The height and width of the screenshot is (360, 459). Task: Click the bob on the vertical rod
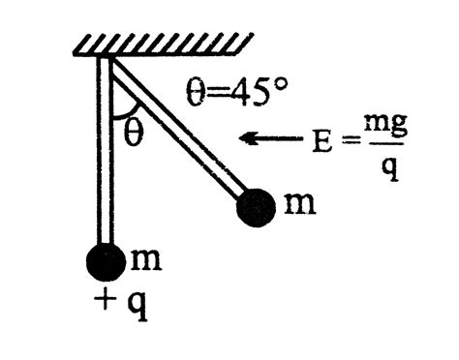105,262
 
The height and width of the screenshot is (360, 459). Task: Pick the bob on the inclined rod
255,205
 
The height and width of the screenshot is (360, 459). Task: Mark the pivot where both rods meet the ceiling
106,60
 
